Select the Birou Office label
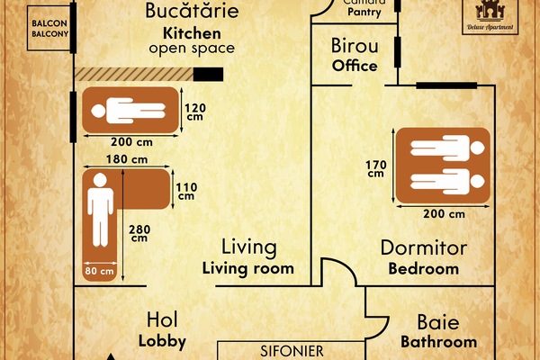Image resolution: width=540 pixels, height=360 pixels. (x=354, y=55)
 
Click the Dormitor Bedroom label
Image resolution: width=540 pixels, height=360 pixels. (x=423, y=256)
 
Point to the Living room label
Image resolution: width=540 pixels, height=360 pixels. (x=248, y=257)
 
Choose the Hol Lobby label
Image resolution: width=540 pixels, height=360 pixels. (x=163, y=329)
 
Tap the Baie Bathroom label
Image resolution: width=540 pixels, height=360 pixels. (x=438, y=331)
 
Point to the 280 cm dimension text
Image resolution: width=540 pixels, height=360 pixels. (x=139, y=232)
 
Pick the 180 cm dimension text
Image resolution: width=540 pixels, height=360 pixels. (x=126, y=159)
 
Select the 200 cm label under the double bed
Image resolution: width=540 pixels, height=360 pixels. (x=444, y=214)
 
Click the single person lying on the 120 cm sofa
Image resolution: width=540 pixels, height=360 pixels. (x=131, y=112)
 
